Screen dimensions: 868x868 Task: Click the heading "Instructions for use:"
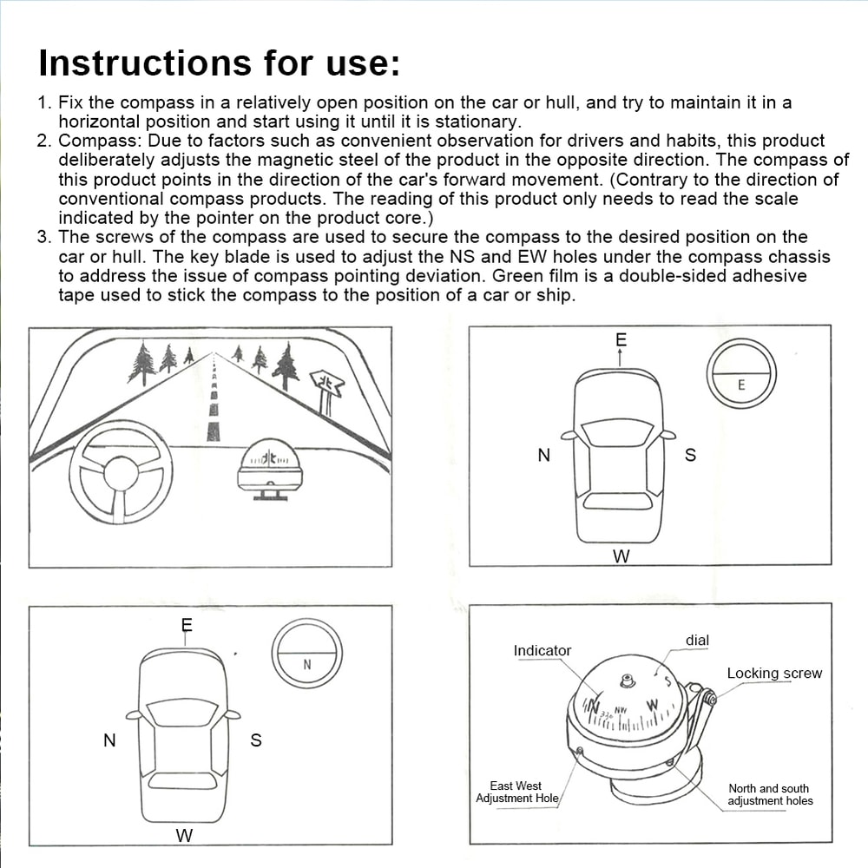(219, 63)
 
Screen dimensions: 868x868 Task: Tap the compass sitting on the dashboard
(270, 469)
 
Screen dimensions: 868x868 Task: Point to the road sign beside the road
(326, 386)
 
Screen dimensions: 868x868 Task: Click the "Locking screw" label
(773, 674)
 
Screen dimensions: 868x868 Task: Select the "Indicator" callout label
(542, 651)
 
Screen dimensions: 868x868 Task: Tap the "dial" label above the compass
(697, 641)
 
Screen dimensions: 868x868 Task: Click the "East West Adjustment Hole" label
(516, 792)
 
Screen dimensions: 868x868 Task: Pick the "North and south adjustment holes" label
(770, 794)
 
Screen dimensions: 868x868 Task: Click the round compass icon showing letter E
(740, 373)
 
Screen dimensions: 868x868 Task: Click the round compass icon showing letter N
(306, 653)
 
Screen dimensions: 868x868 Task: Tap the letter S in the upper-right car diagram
(690, 456)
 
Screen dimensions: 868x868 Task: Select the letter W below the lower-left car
(184, 836)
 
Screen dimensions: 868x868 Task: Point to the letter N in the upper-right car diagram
(544, 456)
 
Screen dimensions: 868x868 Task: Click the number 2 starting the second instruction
(43, 141)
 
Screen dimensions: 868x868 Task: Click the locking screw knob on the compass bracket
(709, 697)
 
